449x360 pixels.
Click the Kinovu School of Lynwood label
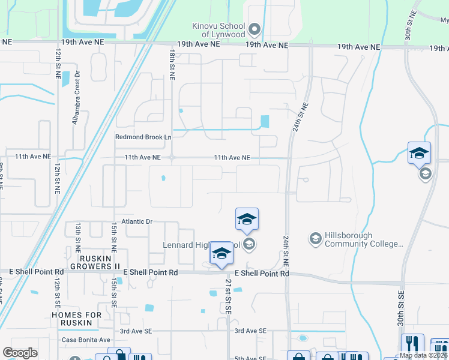218,30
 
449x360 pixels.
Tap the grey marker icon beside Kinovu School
254,29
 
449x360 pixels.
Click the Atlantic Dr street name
136,221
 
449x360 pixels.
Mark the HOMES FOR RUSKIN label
72,319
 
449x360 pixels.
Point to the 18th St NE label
172,65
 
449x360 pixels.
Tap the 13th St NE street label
78,236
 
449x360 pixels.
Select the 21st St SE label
228,295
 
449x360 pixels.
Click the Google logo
20,353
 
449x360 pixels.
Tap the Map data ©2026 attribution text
424,355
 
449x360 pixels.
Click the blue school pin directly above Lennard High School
247,220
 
